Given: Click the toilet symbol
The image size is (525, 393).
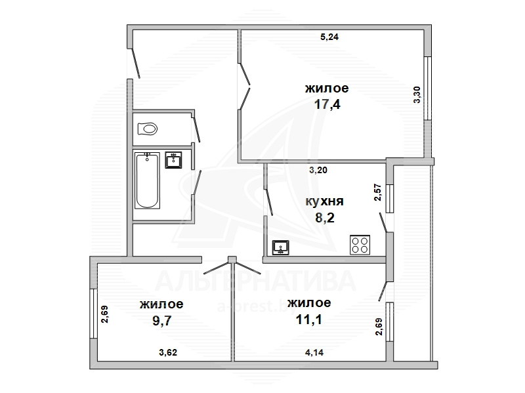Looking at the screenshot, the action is (x=147, y=129).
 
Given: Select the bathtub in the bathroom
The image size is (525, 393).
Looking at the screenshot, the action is (x=147, y=180).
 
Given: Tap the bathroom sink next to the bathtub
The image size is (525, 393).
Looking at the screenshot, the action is (x=173, y=159).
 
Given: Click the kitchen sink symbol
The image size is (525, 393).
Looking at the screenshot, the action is (x=281, y=248).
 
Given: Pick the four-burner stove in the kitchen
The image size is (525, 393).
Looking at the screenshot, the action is (x=360, y=245).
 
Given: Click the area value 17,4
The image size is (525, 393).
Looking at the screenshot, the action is (x=327, y=104).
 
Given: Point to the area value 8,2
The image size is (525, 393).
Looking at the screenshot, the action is (x=325, y=218).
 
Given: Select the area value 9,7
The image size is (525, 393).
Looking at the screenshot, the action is (x=162, y=321).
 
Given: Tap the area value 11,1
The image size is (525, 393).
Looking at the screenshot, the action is (x=308, y=320).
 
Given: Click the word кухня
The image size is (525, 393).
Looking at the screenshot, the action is (x=324, y=201).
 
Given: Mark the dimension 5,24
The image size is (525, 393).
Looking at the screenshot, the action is (x=329, y=37).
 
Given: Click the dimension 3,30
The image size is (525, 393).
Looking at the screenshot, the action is (x=417, y=94).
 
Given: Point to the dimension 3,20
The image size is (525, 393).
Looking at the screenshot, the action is (x=318, y=170).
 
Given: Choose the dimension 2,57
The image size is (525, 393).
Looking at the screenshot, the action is (x=378, y=192).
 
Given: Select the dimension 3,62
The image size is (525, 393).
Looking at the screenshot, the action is (x=168, y=352).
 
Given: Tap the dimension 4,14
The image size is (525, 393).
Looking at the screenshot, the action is (x=314, y=352).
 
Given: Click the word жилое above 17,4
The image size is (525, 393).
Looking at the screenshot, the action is (x=327, y=89).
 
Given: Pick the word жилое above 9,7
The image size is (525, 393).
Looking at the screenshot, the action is (x=161, y=304).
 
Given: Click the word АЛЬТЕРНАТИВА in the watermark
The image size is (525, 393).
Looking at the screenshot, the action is (x=255, y=281).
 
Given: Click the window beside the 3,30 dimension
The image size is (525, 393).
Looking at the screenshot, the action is (x=428, y=89).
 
